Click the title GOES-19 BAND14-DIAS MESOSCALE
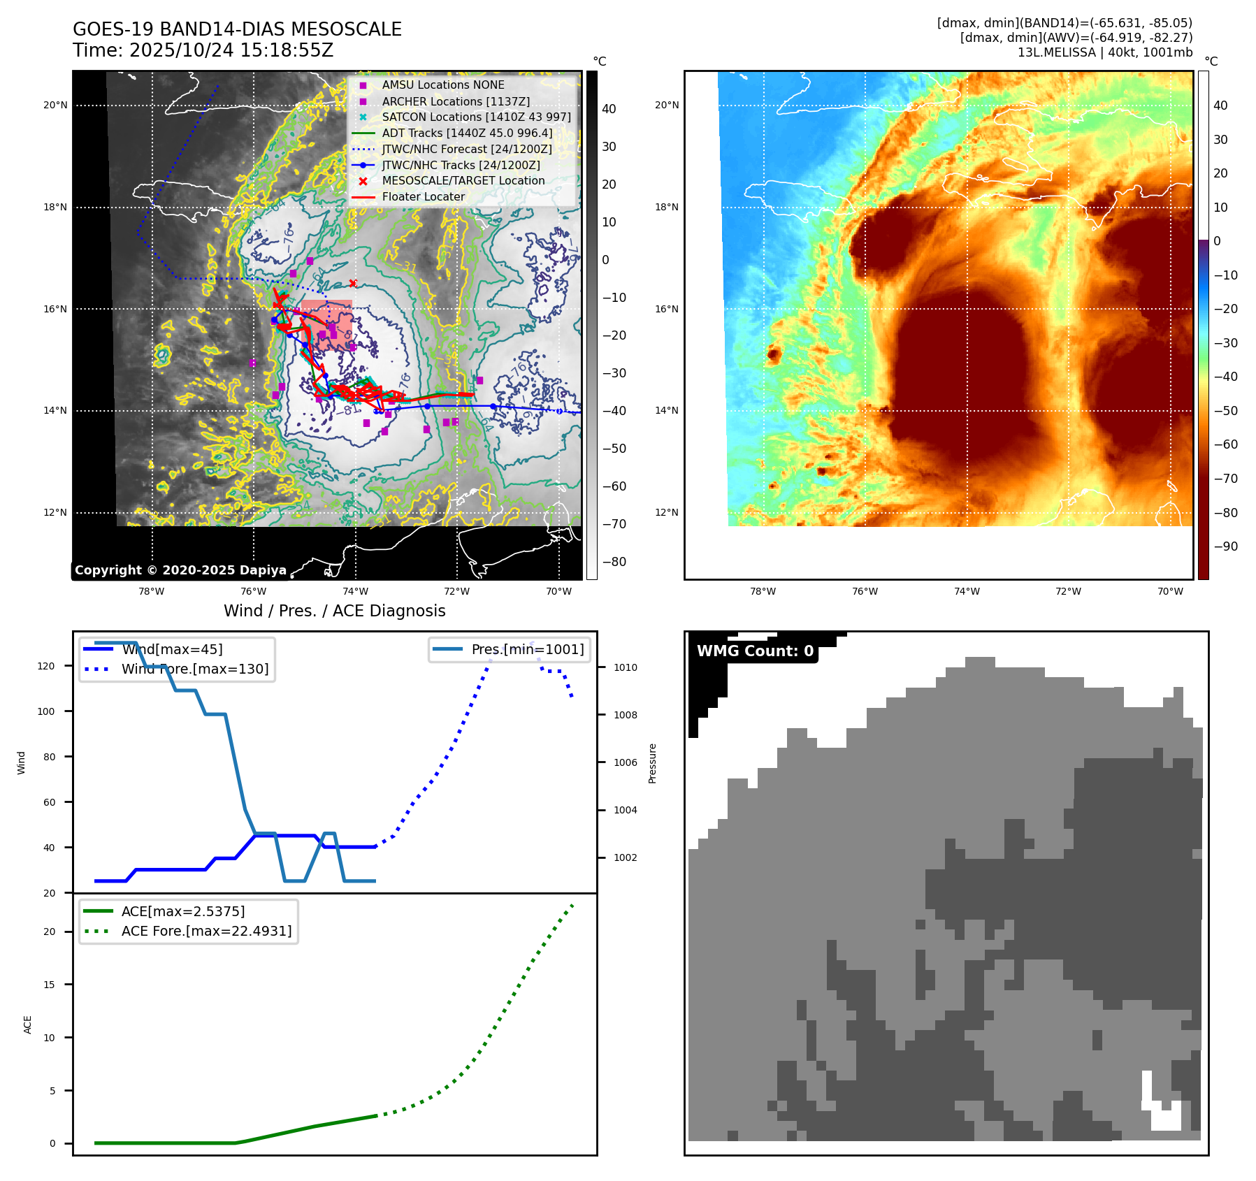[x=237, y=29]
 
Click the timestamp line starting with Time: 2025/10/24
[x=203, y=50]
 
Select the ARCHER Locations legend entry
[x=456, y=101]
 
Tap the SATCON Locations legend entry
[x=476, y=117]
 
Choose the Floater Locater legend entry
[x=423, y=196]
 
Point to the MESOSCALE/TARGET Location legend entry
[x=463, y=180]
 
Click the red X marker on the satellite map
[x=353, y=283]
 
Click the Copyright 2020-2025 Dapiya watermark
[x=180, y=570]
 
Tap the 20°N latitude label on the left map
[x=56, y=106]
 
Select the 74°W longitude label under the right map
[x=967, y=591]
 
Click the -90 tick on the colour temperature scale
[x=1225, y=546]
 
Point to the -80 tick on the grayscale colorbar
[x=614, y=562]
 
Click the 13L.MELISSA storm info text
[x=1104, y=52]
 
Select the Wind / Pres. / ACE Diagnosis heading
[x=334, y=611]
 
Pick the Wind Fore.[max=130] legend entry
[x=194, y=669]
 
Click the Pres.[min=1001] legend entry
[x=527, y=649]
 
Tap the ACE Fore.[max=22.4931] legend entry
[x=206, y=931]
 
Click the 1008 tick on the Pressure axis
[x=625, y=715]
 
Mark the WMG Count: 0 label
[x=755, y=651]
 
